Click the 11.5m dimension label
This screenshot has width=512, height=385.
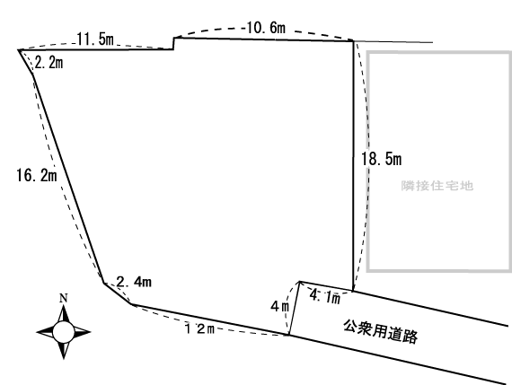point(94,40)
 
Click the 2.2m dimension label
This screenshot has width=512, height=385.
point(47,62)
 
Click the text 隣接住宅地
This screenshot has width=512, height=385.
point(437,186)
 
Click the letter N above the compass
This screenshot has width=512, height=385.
point(63,299)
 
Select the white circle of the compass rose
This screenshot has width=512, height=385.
point(63,331)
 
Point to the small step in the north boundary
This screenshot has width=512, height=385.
point(173,43)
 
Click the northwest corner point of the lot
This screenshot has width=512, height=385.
point(19,50)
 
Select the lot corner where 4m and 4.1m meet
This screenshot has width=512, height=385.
point(299,281)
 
